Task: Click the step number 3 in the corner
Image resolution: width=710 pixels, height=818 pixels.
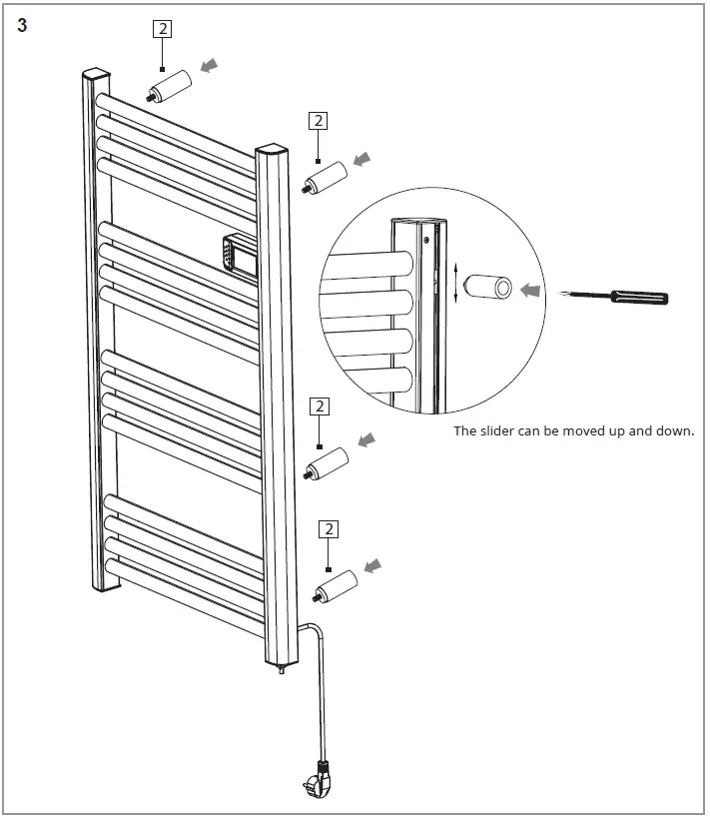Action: [x=22, y=25]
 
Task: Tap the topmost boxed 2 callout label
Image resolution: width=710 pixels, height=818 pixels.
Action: [x=162, y=29]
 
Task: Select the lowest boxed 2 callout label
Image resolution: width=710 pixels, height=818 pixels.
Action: [x=328, y=529]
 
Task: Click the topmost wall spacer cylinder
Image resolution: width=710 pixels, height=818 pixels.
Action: [x=170, y=85]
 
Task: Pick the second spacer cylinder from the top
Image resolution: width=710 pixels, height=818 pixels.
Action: [x=326, y=178]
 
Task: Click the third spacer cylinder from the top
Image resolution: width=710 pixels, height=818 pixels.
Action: [x=328, y=464]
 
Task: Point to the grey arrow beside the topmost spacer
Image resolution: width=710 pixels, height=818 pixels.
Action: [x=208, y=66]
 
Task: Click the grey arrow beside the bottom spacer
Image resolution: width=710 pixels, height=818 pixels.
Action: [x=372, y=567]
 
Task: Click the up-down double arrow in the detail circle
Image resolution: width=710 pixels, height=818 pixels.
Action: [x=456, y=283]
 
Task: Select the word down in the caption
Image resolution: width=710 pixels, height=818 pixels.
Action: [x=674, y=431]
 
